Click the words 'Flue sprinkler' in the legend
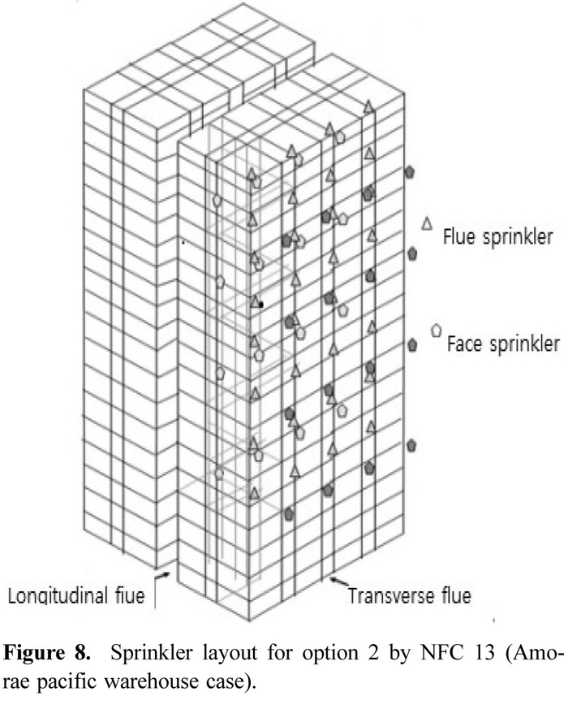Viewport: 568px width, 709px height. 497,238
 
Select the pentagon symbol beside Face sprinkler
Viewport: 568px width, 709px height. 436,330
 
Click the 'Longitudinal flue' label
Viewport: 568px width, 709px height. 76,597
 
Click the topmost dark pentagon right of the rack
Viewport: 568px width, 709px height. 411,171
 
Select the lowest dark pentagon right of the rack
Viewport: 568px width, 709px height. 411,445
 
